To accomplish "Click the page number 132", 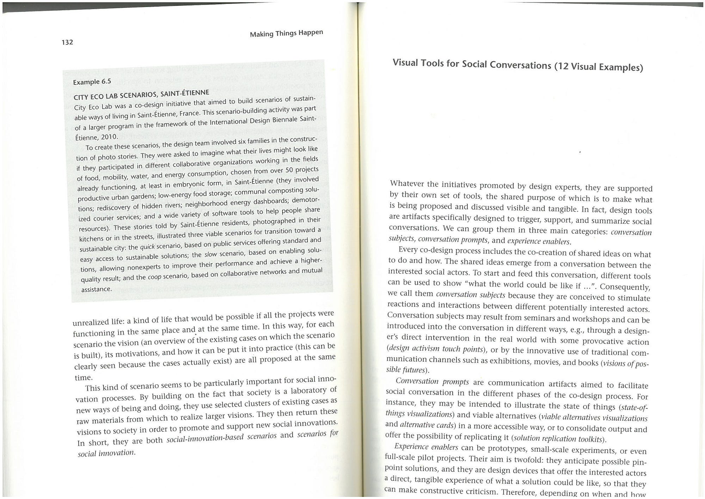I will pos(67,42).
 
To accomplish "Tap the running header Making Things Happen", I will pos(286,33).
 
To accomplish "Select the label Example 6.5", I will pos(92,82).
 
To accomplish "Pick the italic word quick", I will pos(147,246).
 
